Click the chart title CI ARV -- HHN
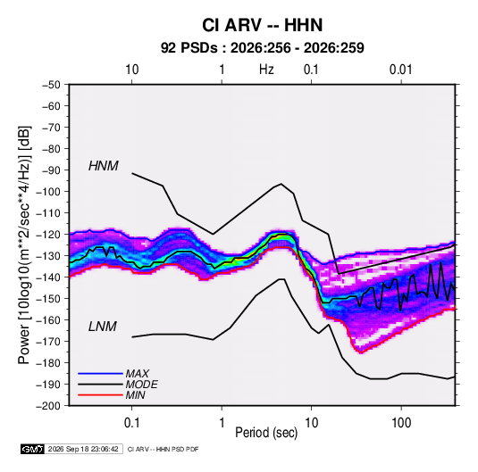262,25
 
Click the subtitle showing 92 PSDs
262,48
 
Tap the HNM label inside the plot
104,166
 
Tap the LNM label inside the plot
103,327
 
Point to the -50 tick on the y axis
51,85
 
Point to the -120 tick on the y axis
48,235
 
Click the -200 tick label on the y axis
48,406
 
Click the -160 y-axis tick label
48,320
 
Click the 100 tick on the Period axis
401,423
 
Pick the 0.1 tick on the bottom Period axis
131,423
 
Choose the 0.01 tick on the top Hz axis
401,70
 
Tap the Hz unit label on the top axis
266,70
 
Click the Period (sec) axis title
266,433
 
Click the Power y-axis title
24,244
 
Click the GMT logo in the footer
32,449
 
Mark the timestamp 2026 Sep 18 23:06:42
83,449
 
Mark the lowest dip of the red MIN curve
361,352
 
